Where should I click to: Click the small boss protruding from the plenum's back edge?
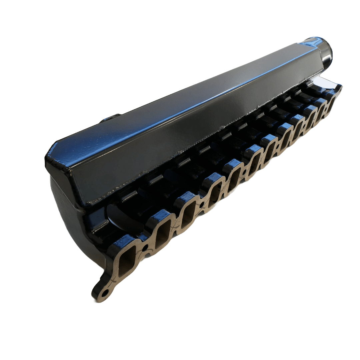[110, 117]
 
